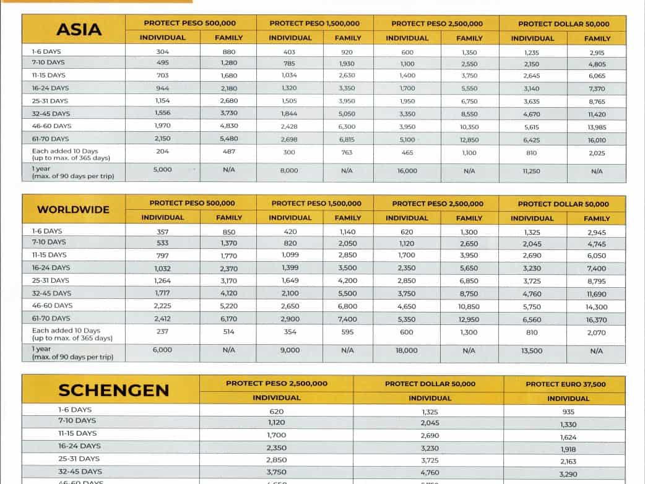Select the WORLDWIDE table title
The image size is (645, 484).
(x=73, y=210)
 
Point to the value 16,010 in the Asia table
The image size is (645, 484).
(x=597, y=140)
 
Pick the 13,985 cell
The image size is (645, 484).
(x=597, y=127)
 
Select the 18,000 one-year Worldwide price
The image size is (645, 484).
(x=407, y=350)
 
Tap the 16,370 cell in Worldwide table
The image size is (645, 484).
(x=597, y=320)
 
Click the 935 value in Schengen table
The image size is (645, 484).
(x=568, y=412)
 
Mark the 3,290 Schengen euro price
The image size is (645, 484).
(x=568, y=474)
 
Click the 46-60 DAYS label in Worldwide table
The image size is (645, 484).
(x=52, y=306)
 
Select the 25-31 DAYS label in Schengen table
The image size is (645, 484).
(x=79, y=459)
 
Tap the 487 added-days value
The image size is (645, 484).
(x=228, y=152)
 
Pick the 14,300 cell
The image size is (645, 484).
(x=597, y=307)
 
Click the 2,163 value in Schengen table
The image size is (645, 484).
(x=568, y=462)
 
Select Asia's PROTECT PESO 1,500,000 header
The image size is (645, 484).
(x=314, y=24)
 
